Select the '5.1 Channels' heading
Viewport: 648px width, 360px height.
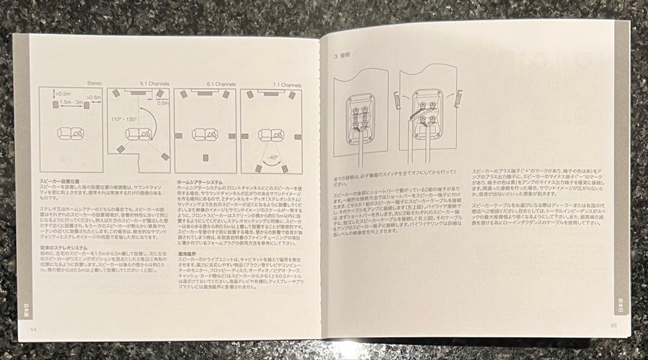[x=154, y=85]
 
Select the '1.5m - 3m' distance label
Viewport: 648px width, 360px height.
[x=70, y=104]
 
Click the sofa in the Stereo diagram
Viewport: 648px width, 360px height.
[x=70, y=133]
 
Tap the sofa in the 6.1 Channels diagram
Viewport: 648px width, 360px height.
[x=205, y=133]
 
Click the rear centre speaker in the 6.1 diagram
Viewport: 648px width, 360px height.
[x=206, y=157]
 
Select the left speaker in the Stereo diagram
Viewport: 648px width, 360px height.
[x=55, y=104]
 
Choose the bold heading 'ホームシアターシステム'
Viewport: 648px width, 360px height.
[x=199, y=181]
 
